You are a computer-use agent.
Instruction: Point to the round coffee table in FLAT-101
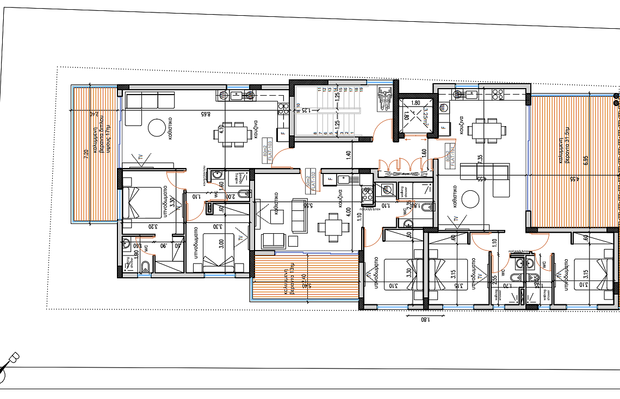[x=469, y=202]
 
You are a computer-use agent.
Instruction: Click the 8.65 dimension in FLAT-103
[x=205, y=115]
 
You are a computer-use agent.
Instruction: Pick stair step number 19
[x=361, y=89]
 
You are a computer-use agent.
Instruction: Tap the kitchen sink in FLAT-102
[x=344, y=178]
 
